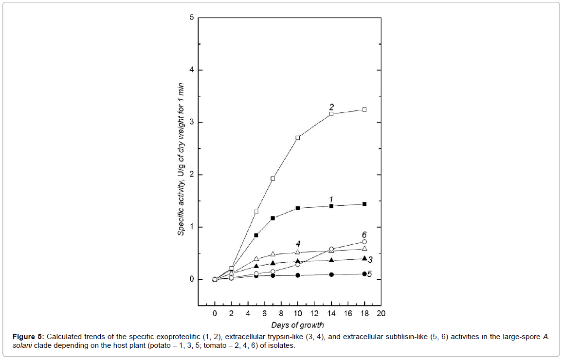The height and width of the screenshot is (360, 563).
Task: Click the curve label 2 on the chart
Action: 331,107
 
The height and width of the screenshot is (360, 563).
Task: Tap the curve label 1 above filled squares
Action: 331,199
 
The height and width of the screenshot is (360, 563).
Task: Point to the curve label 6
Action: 364,234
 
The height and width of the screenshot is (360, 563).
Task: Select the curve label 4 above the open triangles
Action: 298,243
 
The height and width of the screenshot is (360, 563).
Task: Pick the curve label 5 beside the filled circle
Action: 370,274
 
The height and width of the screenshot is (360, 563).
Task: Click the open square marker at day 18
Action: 364,109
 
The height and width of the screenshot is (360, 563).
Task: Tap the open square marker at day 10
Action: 298,138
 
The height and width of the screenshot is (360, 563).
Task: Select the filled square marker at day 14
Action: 331,206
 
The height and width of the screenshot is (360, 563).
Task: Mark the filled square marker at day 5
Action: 256,235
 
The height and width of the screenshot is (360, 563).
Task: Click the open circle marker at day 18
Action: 364,242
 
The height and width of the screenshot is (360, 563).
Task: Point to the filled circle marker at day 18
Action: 364,274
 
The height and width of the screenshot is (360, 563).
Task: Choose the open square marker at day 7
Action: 273,179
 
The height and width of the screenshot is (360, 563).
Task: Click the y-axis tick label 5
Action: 192,18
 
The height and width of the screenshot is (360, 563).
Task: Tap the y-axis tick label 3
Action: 192,123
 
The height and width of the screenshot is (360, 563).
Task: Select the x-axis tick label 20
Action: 381,314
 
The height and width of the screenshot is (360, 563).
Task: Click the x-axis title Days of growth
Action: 298,324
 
